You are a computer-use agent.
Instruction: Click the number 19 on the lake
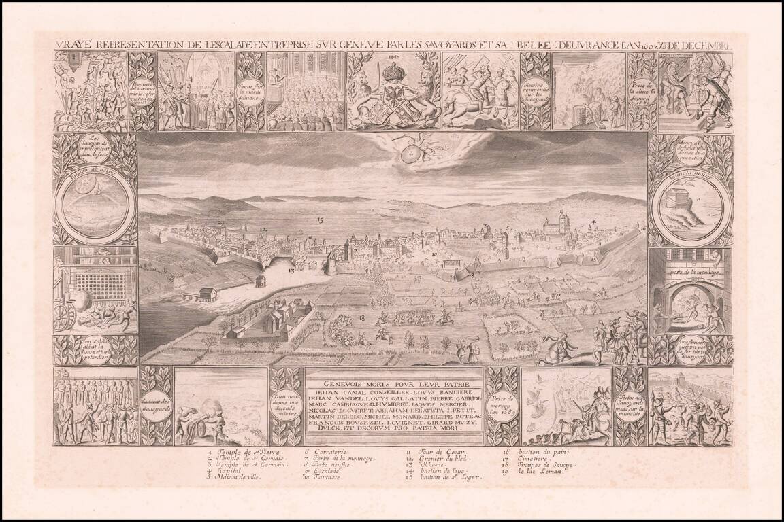click(320, 220)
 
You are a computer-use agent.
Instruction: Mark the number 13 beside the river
click(291, 271)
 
